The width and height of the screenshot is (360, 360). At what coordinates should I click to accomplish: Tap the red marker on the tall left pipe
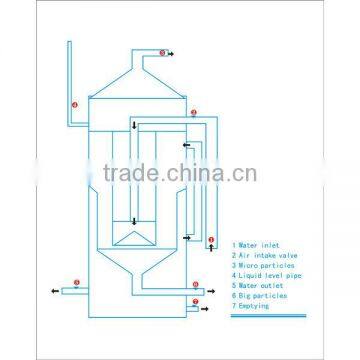pyautogui.click(x=73, y=104)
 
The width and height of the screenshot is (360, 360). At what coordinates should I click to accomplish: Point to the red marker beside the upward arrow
pyautogui.click(x=210, y=241)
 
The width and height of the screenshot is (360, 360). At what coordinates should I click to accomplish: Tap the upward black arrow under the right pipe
pyautogui.click(x=210, y=250)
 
